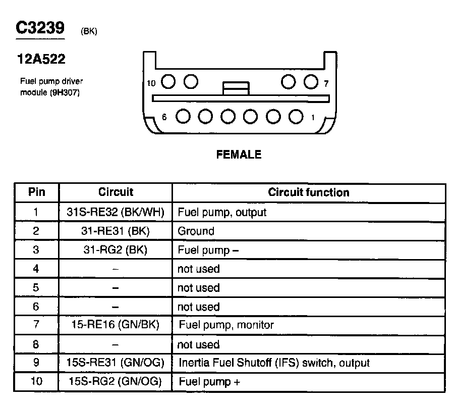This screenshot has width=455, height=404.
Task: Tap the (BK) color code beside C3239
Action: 89,32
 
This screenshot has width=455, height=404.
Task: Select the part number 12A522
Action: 41,59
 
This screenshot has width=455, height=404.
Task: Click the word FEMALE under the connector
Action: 239,155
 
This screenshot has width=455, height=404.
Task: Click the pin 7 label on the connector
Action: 326,83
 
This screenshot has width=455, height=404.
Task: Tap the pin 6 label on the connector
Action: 164,117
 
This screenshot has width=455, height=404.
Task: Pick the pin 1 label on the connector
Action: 313,118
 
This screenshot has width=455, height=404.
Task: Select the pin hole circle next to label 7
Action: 311,81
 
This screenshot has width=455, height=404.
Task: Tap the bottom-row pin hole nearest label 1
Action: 296,116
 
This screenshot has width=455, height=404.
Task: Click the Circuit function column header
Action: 308,192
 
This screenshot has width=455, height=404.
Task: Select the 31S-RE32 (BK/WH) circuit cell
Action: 116,212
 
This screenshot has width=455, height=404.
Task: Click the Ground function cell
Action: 196,231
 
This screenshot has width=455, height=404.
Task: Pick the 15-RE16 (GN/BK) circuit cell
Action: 116,325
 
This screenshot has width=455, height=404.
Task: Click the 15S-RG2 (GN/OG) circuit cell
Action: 116,382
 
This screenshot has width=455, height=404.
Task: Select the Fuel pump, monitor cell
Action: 226,325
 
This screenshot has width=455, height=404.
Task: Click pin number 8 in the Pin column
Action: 36,344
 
